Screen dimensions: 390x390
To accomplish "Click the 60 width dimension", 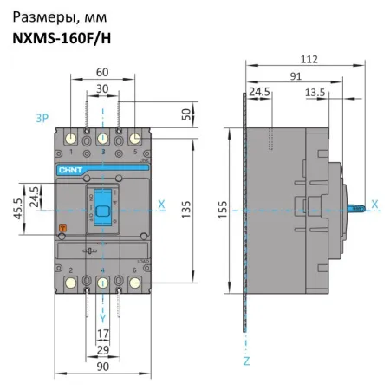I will click(x=103, y=73).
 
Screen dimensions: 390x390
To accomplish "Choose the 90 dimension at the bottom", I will click(x=102, y=367).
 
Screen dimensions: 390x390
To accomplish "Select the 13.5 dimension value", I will click(x=315, y=91).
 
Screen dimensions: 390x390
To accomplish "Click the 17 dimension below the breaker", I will click(x=102, y=333).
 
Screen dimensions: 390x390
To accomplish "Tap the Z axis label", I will click(x=246, y=358).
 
